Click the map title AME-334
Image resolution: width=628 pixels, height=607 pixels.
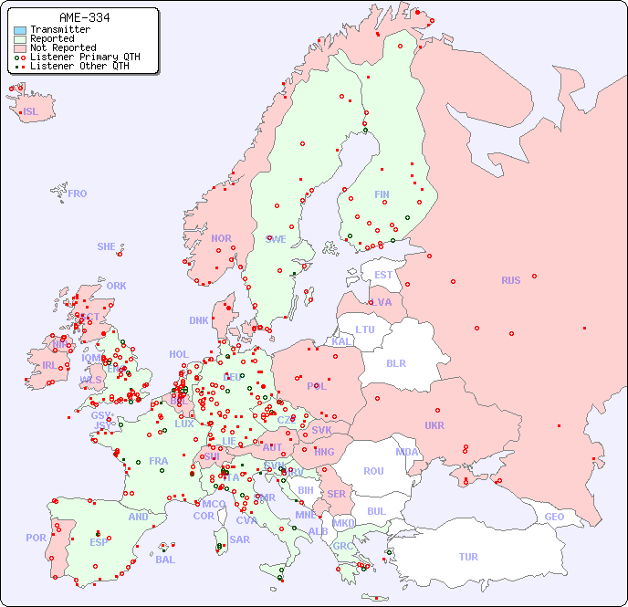pyautogui.click(x=84, y=17)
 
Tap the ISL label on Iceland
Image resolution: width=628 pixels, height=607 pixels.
pyautogui.click(x=31, y=112)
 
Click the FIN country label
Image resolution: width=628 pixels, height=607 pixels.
pyautogui.click(x=382, y=194)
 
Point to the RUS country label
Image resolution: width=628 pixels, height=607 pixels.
pyautogui.click(x=510, y=280)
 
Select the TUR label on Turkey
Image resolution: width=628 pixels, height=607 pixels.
pyautogui.click(x=468, y=557)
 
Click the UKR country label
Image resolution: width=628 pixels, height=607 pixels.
pyautogui.click(x=434, y=425)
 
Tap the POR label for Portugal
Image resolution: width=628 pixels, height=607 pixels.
pyautogui.click(x=36, y=538)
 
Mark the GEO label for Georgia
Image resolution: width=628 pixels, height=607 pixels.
pyautogui.click(x=554, y=517)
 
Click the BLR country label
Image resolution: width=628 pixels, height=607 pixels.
pyautogui.click(x=396, y=362)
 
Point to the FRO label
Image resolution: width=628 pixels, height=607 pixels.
pyautogui.click(x=78, y=194)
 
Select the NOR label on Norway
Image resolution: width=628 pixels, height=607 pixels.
pyautogui.click(x=221, y=238)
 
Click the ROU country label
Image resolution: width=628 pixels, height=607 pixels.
pyautogui.click(x=373, y=471)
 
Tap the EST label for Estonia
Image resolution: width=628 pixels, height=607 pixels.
pyautogui.click(x=383, y=275)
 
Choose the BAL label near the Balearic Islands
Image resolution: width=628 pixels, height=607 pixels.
pyautogui.click(x=164, y=560)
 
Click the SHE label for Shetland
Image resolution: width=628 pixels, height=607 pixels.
pyautogui.click(x=107, y=246)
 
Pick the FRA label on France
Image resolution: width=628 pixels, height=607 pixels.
pyautogui.click(x=159, y=461)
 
